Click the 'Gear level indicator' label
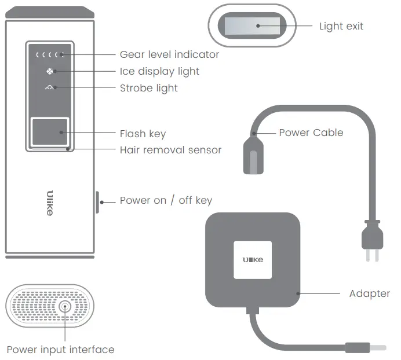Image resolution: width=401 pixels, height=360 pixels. [169, 54]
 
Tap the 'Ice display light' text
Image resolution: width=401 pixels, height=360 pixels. [159, 71]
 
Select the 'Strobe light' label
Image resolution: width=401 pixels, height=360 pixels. [148, 88]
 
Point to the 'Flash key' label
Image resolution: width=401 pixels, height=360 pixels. [143, 134]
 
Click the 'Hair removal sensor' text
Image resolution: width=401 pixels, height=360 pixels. [170, 150]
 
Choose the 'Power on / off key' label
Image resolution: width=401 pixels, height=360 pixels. [166, 200]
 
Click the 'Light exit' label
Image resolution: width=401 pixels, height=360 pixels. [341, 26]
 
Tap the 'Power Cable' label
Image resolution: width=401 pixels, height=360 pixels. [311, 133]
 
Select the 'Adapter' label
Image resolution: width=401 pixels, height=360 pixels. [369, 293]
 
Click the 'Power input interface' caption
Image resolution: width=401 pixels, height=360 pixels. [60, 350]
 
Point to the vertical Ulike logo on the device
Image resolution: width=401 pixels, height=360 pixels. [50, 203]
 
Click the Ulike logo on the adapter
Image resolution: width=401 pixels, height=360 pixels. [252, 260]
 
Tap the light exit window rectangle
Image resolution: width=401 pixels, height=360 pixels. [252, 25]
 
